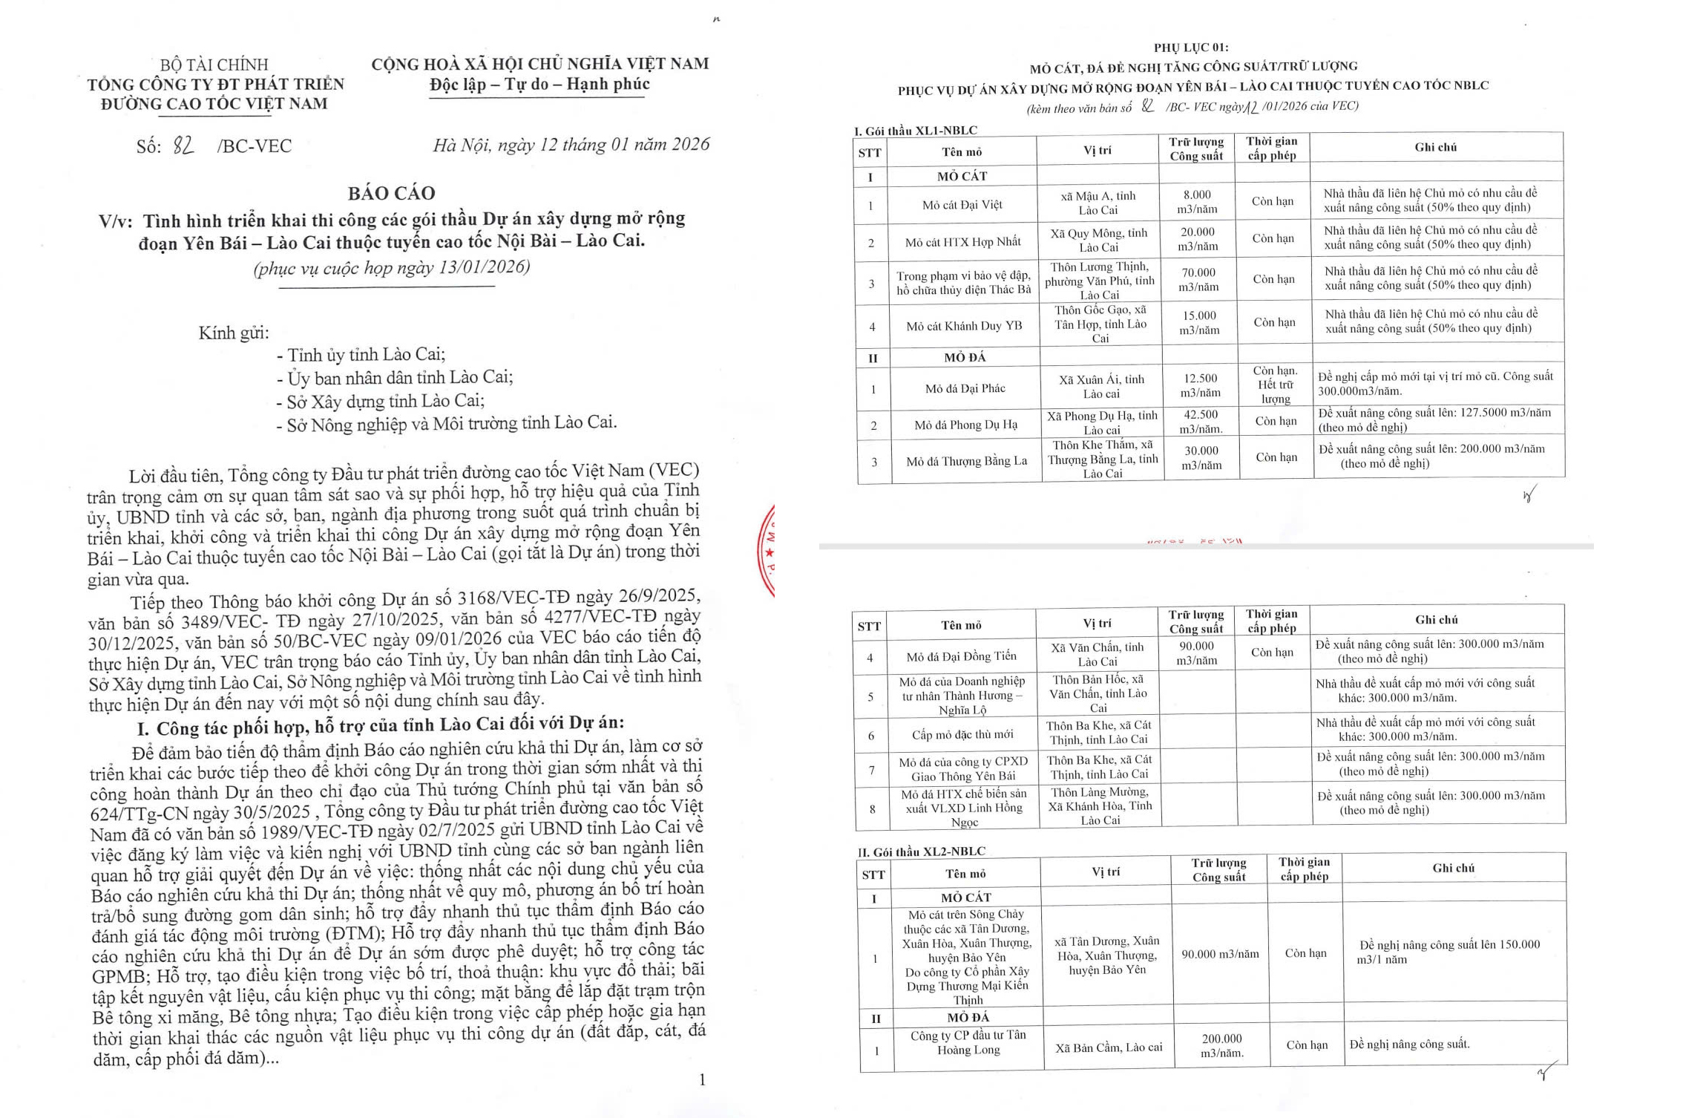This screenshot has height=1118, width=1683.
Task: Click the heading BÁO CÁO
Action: (x=391, y=193)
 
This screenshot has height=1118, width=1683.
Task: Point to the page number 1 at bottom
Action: (x=702, y=1079)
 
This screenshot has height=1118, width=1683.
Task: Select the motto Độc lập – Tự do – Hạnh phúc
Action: (x=539, y=84)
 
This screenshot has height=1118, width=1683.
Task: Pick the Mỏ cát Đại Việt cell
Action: (x=962, y=205)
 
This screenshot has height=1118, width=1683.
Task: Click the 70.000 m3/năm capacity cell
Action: (x=1198, y=280)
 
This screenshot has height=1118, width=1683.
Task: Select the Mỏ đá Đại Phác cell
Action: (x=965, y=388)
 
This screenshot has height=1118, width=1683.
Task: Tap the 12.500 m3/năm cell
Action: (x=1200, y=385)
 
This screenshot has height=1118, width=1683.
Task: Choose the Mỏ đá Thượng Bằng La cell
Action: (x=966, y=461)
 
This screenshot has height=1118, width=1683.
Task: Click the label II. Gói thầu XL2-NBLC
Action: (x=922, y=851)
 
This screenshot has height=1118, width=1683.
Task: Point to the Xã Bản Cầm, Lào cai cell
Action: (x=1109, y=1047)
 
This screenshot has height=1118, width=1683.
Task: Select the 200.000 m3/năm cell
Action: (x=1221, y=1045)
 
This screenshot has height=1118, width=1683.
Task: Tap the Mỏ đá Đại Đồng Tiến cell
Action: (x=961, y=656)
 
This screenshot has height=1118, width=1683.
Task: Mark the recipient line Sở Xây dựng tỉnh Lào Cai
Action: (x=385, y=402)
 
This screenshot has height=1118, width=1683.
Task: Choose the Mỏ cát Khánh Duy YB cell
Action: (x=963, y=326)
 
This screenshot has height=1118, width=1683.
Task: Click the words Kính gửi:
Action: (x=233, y=333)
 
